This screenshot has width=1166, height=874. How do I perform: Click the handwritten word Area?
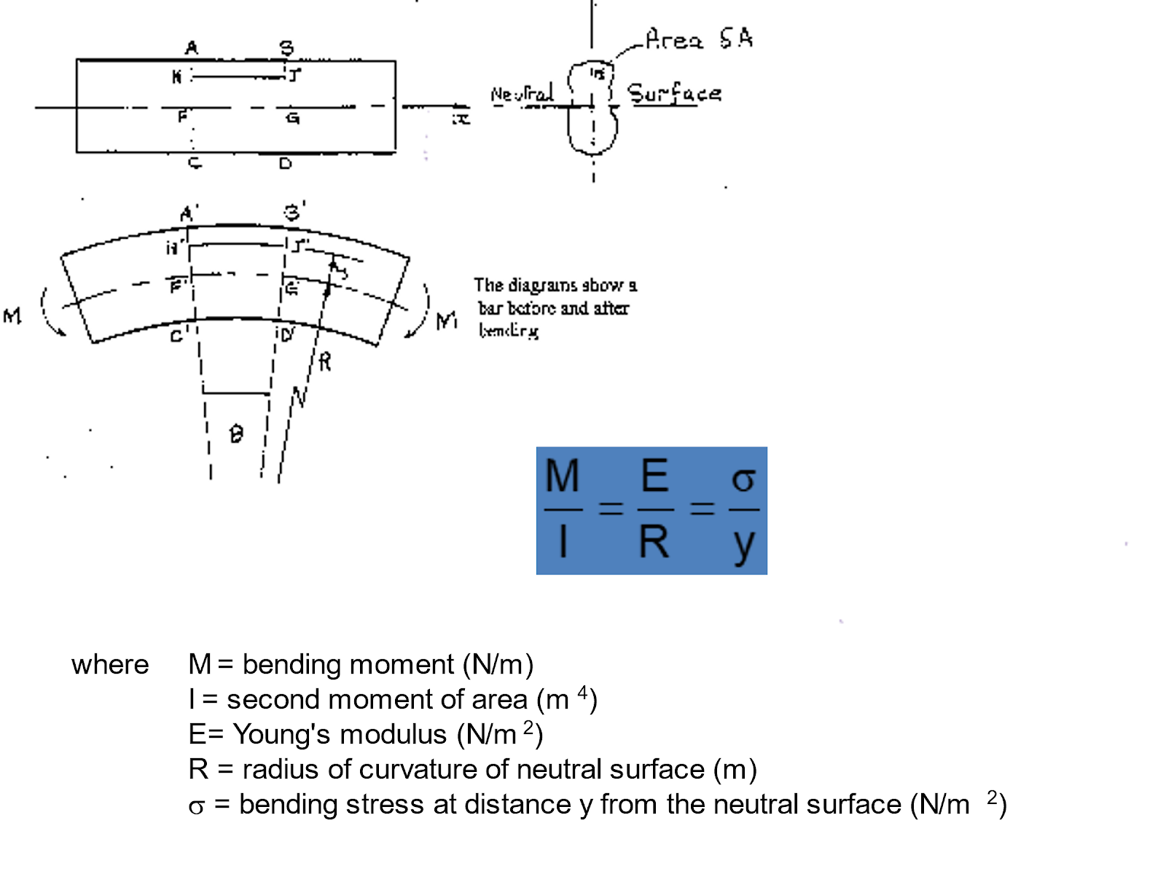674,39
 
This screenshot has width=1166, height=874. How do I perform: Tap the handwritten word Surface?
674,94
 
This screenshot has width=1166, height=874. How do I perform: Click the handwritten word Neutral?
522,94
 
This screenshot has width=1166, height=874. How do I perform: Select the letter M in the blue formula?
562,476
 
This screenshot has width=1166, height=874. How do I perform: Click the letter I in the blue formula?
563,542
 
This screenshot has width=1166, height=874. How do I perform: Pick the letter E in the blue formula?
654,476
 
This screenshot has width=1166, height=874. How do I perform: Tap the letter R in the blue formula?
654,542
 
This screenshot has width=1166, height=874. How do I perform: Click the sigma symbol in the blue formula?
743,480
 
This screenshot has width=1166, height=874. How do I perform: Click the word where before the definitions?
110,665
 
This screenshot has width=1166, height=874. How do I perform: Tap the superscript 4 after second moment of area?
582,692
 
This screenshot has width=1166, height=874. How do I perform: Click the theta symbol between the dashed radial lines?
235,435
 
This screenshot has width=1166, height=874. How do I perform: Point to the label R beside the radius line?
325,361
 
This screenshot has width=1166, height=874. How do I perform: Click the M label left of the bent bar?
12,316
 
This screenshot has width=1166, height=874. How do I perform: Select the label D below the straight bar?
285,164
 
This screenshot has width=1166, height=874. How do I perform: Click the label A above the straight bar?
191,48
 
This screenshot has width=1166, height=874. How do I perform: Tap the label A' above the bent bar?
189,214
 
